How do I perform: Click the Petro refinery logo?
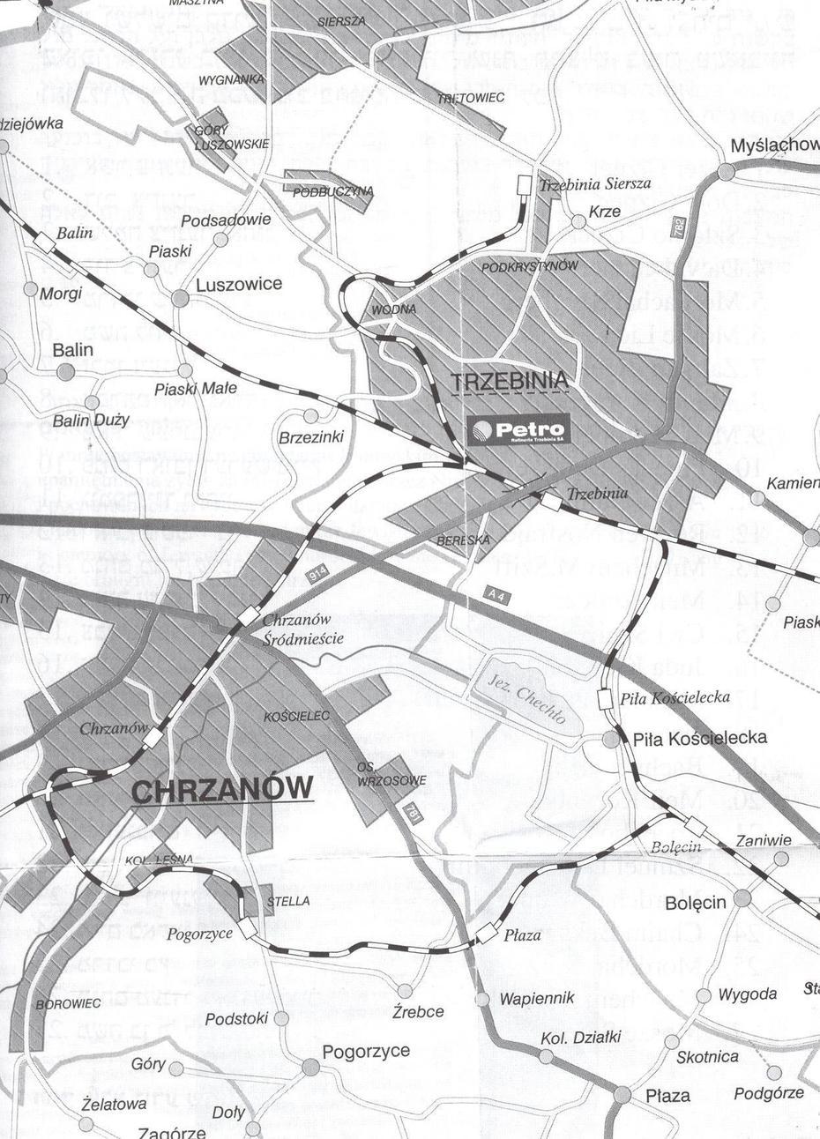point(520,430)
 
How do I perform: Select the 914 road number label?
point(317,574)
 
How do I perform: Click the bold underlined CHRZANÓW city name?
point(221,788)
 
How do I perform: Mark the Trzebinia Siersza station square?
point(524,183)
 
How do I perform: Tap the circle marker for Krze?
point(578,222)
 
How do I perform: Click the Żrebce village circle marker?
point(405,991)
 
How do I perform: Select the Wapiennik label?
point(537,998)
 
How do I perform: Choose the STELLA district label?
point(288,902)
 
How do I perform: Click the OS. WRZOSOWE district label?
point(392,774)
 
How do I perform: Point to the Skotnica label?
point(708,1056)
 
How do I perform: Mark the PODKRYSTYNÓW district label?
point(530,265)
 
